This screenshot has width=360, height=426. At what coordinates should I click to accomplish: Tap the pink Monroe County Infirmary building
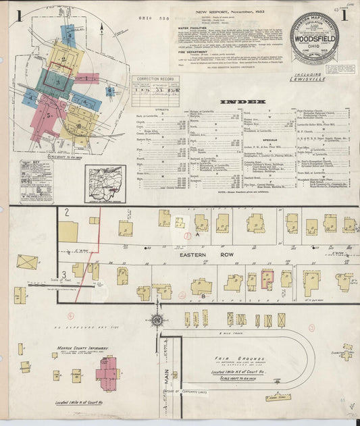click(107, 371)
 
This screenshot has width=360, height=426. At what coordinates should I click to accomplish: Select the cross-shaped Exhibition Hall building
click(346, 353)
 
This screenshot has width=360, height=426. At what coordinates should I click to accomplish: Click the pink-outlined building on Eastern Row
click(267, 279)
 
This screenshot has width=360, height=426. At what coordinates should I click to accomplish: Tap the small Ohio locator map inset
click(105, 182)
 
